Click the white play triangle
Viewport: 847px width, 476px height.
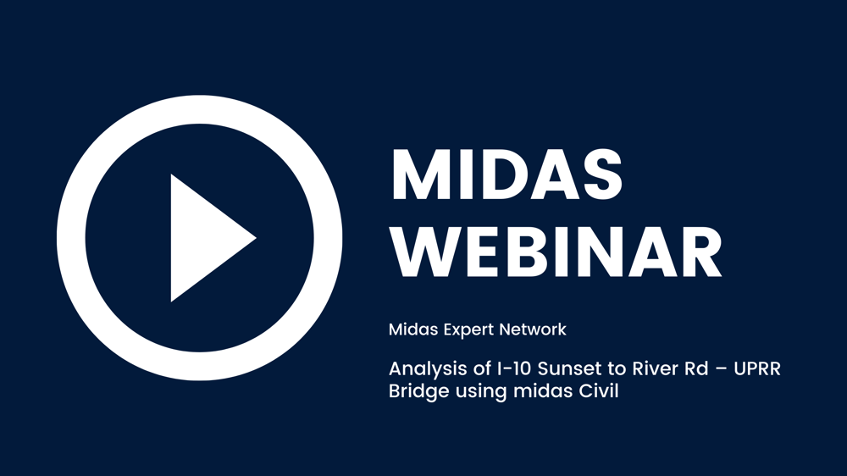click(205, 238)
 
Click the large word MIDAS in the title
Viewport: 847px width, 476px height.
click(507, 175)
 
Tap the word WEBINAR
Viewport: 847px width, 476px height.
click(556, 252)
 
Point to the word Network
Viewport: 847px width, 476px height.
click(533, 329)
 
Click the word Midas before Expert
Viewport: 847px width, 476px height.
click(414, 329)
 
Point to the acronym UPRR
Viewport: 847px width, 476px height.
click(756, 368)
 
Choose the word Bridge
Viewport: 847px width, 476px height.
click(418, 391)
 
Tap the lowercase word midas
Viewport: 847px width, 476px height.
click(544, 390)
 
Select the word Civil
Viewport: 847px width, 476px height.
click(599, 390)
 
